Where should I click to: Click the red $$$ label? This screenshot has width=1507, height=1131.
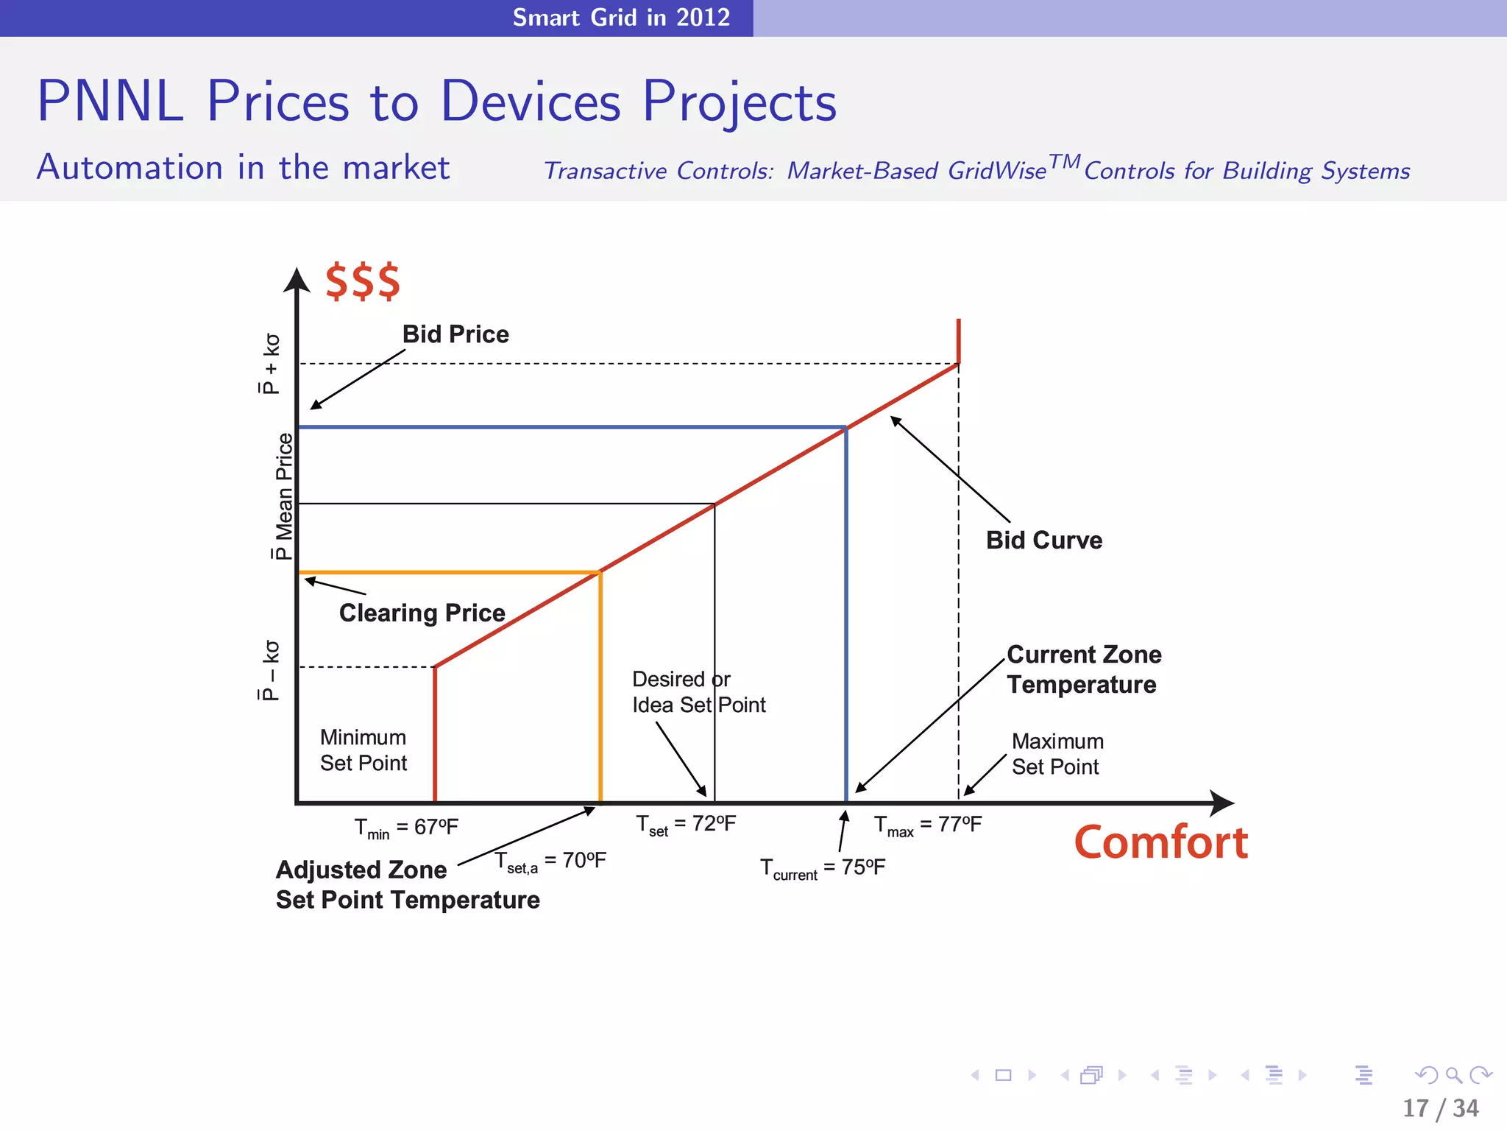pos(363,281)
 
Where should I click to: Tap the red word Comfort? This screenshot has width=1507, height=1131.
pos(1160,842)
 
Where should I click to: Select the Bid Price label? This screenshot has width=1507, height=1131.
pos(455,334)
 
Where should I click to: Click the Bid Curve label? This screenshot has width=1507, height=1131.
pos(1043,540)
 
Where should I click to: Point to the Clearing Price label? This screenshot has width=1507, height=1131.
pos(422,613)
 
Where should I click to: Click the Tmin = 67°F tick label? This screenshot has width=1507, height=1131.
pos(406,828)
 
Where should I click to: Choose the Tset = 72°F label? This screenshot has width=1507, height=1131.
pos(686,825)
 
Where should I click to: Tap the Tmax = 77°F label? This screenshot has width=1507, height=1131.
pos(927,825)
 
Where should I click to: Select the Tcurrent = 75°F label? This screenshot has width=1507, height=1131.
pos(822,868)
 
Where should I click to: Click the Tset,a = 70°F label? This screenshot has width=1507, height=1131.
pos(550,862)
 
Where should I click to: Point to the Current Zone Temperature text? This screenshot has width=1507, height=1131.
pos(1082,669)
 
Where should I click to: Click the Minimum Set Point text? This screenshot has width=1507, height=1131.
pos(364,750)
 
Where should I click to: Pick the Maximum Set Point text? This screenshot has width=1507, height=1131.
pos(1057,754)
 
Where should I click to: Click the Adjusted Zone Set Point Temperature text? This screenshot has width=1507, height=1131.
pos(407,885)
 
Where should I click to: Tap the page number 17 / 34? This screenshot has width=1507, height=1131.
pos(1440,1108)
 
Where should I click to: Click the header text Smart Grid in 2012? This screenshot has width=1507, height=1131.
pos(621,17)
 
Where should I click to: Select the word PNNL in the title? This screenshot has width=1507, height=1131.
pos(110,101)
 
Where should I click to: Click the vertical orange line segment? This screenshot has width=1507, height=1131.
pos(600,685)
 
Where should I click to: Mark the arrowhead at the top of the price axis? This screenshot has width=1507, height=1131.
pos(297,280)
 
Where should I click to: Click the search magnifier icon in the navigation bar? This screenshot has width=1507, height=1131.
pos(1453,1075)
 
